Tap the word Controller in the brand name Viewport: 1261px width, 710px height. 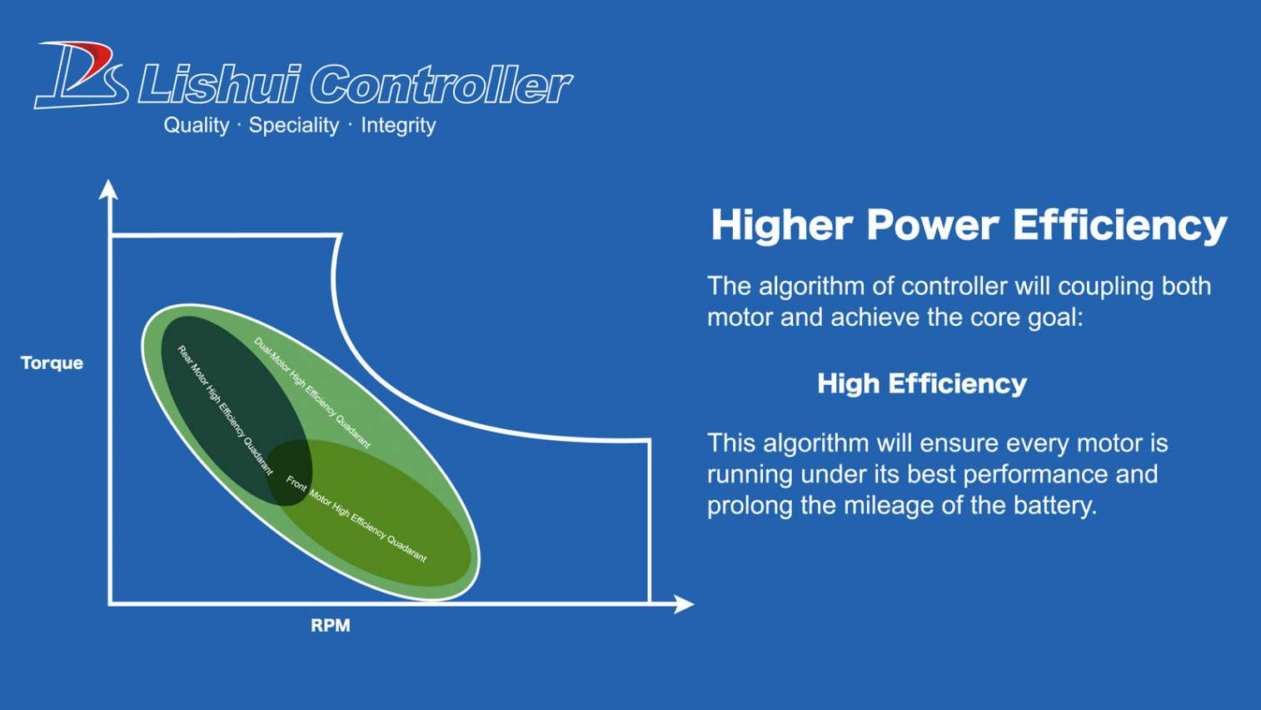(x=441, y=85)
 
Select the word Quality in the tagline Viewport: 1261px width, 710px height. (x=197, y=125)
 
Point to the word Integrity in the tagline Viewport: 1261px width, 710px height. (x=398, y=125)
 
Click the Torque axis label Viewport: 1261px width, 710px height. (x=52, y=362)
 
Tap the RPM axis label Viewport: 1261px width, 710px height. (x=331, y=625)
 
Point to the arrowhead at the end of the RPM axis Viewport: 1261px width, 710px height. (x=684, y=604)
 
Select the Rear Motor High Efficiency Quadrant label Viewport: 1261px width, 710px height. (x=225, y=410)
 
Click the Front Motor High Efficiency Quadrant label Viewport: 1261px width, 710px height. (x=356, y=518)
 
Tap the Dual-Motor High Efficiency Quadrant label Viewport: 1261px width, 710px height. (x=312, y=392)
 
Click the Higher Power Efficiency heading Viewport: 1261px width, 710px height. (x=969, y=225)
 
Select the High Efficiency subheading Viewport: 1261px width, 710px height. (x=922, y=383)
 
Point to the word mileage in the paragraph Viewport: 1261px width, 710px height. (x=887, y=505)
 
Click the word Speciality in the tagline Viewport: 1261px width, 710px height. (x=294, y=125)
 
